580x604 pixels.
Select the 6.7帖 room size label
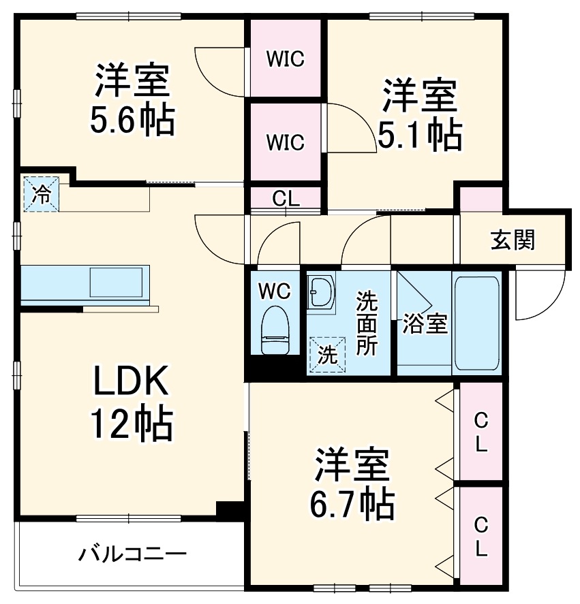coord(352,505)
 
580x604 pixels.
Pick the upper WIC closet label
coord(284,60)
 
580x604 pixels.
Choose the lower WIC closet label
coord(284,143)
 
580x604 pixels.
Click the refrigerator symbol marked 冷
coord(42,195)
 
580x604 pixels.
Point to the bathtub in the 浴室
coord(477,323)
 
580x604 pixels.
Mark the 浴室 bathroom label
coord(424,324)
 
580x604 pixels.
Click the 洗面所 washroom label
coord(367,323)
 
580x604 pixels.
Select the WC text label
coord(275,291)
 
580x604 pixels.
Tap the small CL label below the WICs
coord(286,199)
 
